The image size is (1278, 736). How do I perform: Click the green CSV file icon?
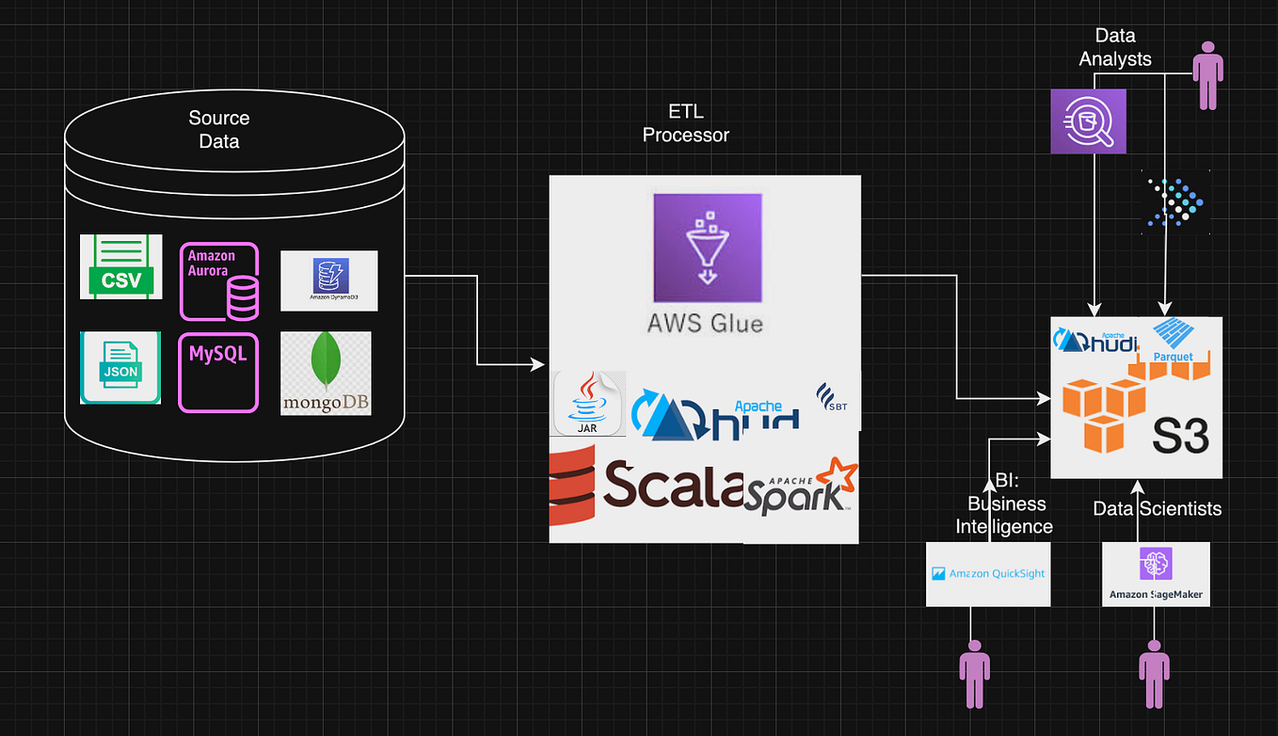tap(120, 267)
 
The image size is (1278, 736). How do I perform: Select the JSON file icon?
tap(120, 367)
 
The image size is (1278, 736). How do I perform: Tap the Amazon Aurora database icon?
tap(219, 281)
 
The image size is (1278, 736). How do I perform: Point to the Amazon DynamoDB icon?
tap(328, 280)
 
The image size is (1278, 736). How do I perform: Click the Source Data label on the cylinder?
tap(219, 130)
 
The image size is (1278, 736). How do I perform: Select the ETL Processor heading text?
tap(685, 123)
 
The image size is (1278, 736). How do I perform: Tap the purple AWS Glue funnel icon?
tap(708, 248)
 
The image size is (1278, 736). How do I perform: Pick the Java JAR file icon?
tap(588, 403)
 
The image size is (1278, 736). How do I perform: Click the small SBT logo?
tap(832, 399)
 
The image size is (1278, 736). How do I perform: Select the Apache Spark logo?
tap(801, 488)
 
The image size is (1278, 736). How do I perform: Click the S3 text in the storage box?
tap(1181, 436)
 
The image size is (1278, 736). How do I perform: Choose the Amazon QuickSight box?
tap(988, 573)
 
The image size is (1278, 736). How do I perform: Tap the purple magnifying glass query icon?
tap(1088, 121)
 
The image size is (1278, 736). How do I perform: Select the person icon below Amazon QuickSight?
tap(974, 674)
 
